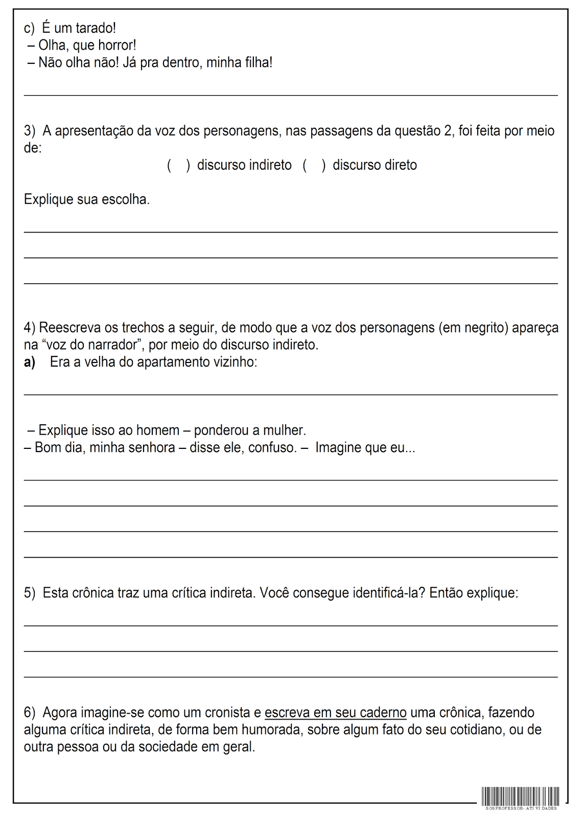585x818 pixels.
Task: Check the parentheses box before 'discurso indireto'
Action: pyautogui.click(x=178, y=165)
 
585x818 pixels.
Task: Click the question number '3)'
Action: pyautogui.click(x=30, y=131)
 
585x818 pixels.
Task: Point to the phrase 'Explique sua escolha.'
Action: pyautogui.click(x=87, y=199)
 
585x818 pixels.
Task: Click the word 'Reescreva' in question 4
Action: pyautogui.click(x=70, y=328)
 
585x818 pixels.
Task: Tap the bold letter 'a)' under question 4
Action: pyautogui.click(x=30, y=362)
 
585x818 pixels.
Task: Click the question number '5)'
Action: pyautogui.click(x=30, y=593)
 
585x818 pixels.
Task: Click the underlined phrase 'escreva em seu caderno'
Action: pyautogui.click(x=336, y=713)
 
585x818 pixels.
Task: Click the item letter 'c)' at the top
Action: pyautogui.click(x=29, y=28)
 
